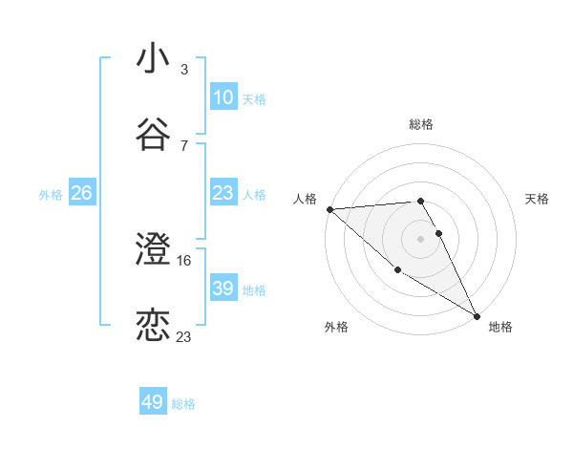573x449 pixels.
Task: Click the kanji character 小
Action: pyautogui.click(x=153, y=59)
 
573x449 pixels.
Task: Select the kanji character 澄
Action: pyautogui.click(x=153, y=250)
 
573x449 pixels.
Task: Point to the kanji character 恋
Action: pyautogui.click(x=153, y=326)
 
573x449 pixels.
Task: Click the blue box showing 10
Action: pyautogui.click(x=223, y=97)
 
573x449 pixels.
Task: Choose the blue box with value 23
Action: pyautogui.click(x=223, y=193)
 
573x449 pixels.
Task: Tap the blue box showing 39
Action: pyautogui.click(x=223, y=289)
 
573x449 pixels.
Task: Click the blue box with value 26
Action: pyautogui.click(x=81, y=193)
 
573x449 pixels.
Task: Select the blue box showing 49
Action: pyautogui.click(x=153, y=402)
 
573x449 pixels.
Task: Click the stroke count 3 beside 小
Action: pyautogui.click(x=183, y=70)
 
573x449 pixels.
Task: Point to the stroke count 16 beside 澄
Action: pyautogui.click(x=185, y=260)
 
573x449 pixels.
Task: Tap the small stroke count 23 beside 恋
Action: pyautogui.click(x=184, y=336)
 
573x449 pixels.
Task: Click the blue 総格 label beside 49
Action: pyautogui.click(x=183, y=404)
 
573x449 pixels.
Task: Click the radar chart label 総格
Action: pyautogui.click(x=421, y=124)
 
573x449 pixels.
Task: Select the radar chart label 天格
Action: pyautogui.click(x=538, y=199)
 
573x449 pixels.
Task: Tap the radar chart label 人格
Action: pyautogui.click(x=306, y=199)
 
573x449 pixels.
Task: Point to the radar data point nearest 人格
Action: pyautogui.click(x=329, y=209)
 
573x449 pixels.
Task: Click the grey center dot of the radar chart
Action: pyautogui.click(x=421, y=238)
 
